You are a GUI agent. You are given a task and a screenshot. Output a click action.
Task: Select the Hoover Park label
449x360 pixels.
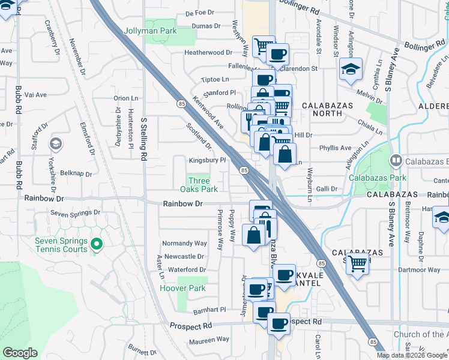(182, 289)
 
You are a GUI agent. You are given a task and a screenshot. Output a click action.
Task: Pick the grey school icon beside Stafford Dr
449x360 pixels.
(55, 143)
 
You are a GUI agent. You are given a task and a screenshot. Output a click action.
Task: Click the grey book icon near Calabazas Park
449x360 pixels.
(396, 160)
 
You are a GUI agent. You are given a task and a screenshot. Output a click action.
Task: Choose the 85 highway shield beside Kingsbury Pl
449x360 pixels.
(244, 171)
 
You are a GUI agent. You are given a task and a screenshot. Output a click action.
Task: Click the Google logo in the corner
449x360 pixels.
(20, 353)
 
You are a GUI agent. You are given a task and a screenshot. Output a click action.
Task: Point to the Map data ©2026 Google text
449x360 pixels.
(412, 355)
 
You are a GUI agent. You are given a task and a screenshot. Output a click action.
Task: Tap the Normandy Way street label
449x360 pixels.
(185, 244)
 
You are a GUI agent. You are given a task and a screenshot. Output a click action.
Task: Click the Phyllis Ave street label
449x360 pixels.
(336, 148)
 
